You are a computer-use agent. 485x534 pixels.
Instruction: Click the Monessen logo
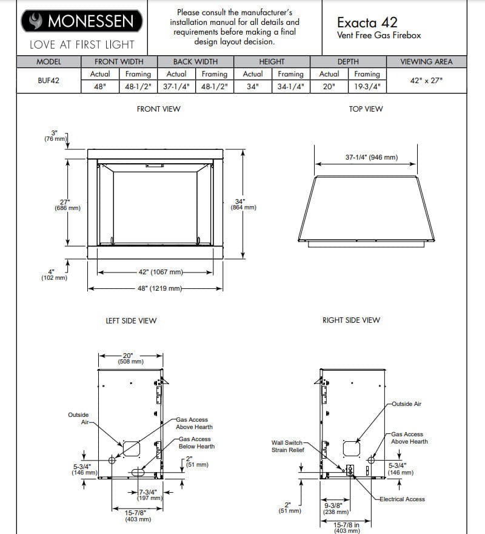pos(82,21)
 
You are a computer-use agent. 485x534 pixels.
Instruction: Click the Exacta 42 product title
pos(367,22)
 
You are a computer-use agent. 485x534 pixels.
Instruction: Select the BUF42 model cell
pos(48,80)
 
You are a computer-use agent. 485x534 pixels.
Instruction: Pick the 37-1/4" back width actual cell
pos(176,87)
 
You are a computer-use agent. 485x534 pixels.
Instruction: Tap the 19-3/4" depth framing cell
pos(367,87)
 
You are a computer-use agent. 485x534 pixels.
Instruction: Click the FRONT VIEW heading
pos(158,109)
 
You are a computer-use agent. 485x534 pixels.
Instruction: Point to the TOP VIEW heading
pos(366,109)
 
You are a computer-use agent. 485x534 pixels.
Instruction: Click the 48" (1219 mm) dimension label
pos(160,288)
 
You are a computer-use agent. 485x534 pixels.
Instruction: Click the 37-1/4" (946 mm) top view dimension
pos(372,157)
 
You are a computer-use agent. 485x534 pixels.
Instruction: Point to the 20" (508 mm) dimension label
pos(130,359)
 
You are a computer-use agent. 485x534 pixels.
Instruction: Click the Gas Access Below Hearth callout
pos(196,442)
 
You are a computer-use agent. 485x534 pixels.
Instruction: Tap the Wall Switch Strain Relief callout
pos(289,446)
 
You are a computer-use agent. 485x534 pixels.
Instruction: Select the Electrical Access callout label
pos(402,499)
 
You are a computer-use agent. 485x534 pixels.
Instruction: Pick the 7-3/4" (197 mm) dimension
pos(149,495)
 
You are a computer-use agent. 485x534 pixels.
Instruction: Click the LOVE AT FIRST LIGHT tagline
pos(82,45)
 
